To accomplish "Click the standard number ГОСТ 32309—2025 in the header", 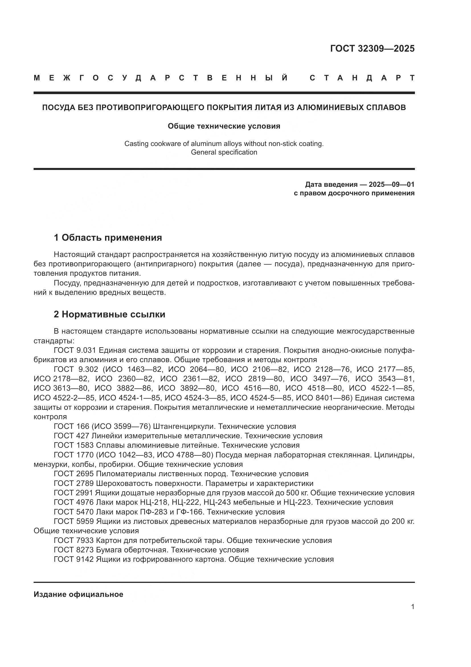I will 372,48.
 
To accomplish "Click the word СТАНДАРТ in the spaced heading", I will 362,78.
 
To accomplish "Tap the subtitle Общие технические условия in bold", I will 224,126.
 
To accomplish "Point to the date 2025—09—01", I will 392,185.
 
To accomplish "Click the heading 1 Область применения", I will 108,238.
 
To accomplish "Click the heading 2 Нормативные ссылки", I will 109,314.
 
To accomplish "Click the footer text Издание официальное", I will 78,594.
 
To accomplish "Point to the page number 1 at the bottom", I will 412,607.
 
